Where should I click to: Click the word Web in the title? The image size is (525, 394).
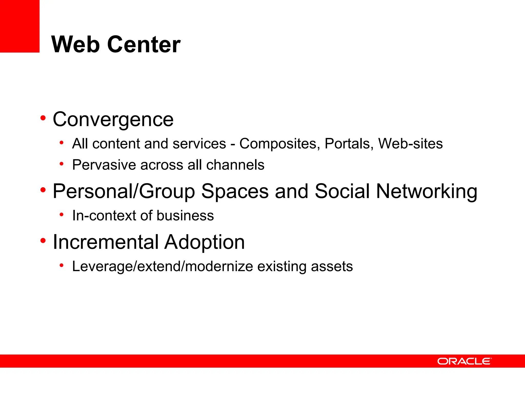click(x=75, y=45)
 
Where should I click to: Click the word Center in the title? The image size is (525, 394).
click(x=144, y=45)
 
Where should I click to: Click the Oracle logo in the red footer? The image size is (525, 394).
click(x=464, y=361)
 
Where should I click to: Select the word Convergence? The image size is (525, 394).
click(x=113, y=120)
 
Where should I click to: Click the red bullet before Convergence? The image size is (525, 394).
click(x=43, y=118)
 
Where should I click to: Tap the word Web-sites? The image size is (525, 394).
click(x=410, y=144)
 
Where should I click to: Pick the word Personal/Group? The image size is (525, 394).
click(x=124, y=192)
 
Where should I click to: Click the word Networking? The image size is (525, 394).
click(x=427, y=192)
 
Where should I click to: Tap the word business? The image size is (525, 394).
click(x=185, y=216)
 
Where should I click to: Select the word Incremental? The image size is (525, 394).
click(x=106, y=242)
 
